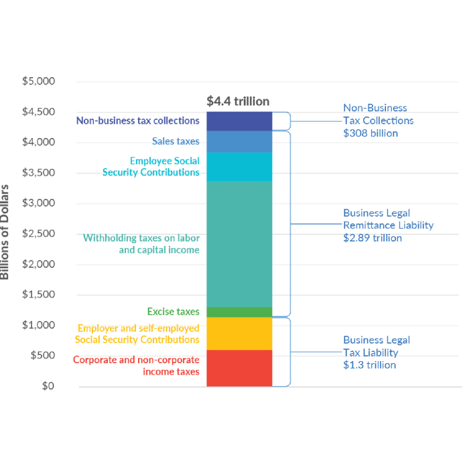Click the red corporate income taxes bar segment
239,368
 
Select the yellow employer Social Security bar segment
239,333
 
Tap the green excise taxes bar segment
239,312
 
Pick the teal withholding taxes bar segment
239,244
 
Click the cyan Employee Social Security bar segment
239,167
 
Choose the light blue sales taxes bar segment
239,141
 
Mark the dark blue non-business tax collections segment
239,121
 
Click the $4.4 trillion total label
238,101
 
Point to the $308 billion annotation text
371,133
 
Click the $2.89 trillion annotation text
373,237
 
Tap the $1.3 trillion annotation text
369,365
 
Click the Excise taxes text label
173,312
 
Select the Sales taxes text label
176,141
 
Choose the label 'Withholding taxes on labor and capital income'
141,244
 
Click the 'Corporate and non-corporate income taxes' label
136,365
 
